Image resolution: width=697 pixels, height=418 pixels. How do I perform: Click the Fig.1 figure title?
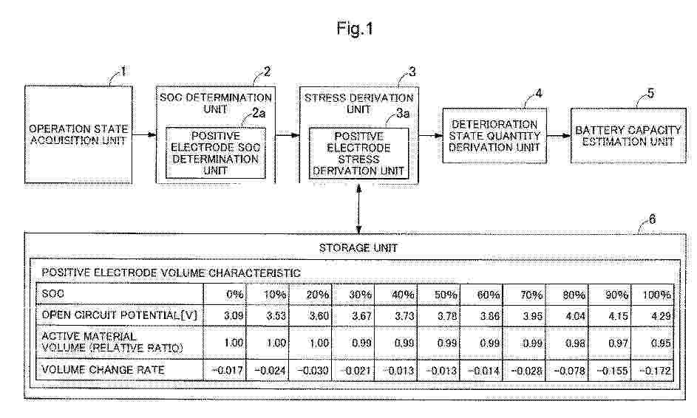[x=354, y=29]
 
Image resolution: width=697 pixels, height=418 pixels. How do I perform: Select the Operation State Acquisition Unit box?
[x=78, y=134]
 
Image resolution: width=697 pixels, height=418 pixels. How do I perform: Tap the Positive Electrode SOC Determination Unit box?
[x=216, y=154]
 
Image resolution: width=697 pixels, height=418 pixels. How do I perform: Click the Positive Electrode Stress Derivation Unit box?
[x=358, y=154]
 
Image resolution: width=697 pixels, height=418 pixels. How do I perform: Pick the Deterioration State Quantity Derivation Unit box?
[x=494, y=135]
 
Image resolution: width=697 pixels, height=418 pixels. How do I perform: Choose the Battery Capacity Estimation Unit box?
[x=628, y=135]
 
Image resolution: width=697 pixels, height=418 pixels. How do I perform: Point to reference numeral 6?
[x=652, y=219]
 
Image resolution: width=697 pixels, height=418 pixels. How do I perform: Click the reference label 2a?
[x=259, y=114]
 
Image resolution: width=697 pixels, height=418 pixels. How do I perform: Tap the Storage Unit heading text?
[x=358, y=248]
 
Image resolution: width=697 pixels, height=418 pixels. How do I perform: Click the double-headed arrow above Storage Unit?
[x=358, y=209]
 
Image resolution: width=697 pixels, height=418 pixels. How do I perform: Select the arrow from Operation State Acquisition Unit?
[x=144, y=134]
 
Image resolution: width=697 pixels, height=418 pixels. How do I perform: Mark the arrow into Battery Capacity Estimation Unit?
[x=559, y=135]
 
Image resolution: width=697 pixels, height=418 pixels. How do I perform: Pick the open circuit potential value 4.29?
[x=661, y=316]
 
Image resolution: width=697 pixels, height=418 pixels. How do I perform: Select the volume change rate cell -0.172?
[x=655, y=371]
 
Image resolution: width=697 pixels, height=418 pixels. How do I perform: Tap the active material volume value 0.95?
[x=661, y=343]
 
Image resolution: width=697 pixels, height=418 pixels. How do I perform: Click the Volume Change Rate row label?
[x=103, y=370]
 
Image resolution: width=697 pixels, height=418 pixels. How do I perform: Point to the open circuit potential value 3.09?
[x=234, y=316]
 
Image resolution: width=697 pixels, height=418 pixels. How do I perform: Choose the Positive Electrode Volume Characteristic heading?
[x=171, y=273]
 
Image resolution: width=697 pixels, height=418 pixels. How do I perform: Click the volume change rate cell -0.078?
[x=569, y=371]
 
